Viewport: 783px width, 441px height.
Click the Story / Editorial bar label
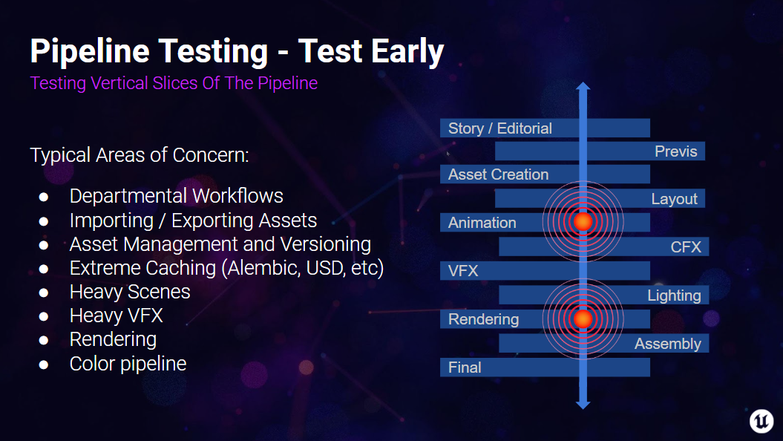click(x=499, y=128)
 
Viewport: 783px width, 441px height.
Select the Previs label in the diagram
click(x=675, y=151)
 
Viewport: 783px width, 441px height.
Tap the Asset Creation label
click(x=498, y=174)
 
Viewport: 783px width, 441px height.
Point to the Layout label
click(x=674, y=199)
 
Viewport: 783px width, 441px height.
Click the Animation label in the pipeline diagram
click(x=482, y=223)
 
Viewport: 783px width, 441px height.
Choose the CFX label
click(x=686, y=246)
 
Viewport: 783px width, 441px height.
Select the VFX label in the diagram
click(x=463, y=271)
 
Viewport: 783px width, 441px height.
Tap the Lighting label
click(x=674, y=295)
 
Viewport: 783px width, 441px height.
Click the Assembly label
click(x=667, y=344)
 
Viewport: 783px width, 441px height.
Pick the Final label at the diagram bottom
click(x=465, y=367)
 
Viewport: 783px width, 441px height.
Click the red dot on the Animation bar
click(x=583, y=221)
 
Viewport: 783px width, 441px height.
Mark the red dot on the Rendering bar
click(x=583, y=318)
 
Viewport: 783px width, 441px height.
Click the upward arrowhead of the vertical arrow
click(x=583, y=87)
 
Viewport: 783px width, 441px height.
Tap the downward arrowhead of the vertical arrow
click(x=583, y=404)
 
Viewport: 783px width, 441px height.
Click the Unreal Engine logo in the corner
click(x=761, y=420)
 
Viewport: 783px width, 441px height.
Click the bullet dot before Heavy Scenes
click(x=43, y=293)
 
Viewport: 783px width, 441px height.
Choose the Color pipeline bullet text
click(x=128, y=364)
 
